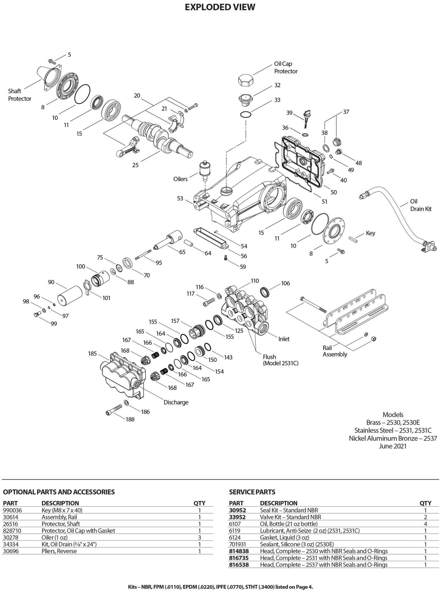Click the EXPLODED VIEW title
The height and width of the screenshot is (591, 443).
[x=220, y=7]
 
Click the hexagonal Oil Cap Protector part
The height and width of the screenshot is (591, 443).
[x=246, y=80]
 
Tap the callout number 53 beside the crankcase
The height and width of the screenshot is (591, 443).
[x=180, y=198]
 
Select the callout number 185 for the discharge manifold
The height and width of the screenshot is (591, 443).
[x=92, y=354]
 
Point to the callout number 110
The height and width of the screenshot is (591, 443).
[x=255, y=281]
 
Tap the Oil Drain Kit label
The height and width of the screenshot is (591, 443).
[x=421, y=205]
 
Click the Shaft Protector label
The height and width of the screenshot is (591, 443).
[x=20, y=95]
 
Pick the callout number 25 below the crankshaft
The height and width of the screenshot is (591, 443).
[x=135, y=165]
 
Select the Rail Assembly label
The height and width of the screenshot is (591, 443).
[x=335, y=351]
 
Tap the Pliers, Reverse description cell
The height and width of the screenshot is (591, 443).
[x=59, y=551]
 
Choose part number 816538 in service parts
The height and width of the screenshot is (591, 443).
[x=239, y=564]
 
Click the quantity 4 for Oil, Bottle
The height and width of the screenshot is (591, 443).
[x=425, y=524]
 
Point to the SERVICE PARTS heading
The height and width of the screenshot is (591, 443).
[x=252, y=492]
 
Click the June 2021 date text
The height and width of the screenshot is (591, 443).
[x=393, y=446]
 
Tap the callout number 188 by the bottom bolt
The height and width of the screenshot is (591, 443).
[x=130, y=419]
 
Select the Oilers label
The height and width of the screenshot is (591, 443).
[x=180, y=179]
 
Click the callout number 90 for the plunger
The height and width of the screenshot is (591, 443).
[x=51, y=282]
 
